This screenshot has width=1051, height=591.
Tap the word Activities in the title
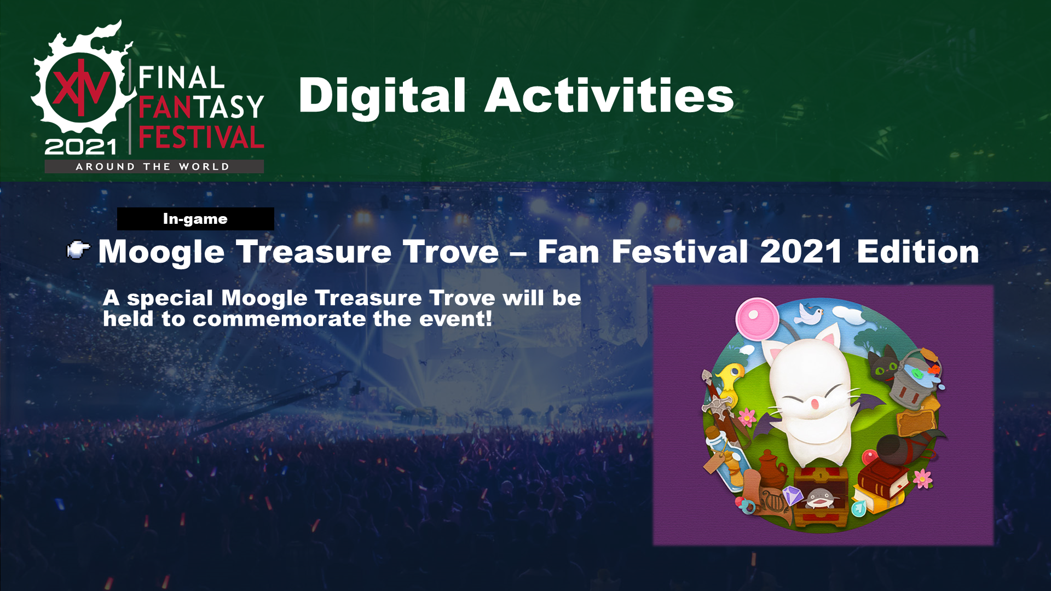pyautogui.click(x=609, y=95)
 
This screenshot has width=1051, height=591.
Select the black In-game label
pyautogui.click(x=195, y=219)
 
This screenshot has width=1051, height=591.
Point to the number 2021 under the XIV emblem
pyautogui.click(x=80, y=147)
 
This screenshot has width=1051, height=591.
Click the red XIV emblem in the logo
pyautogui.click(x=80, y=88)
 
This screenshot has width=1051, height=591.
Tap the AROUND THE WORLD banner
pyautogui.click(x=154, y=166)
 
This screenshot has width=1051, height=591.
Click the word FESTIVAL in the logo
pyautogui.click(x=201, y=137)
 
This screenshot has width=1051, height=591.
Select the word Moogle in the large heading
pyautogui.click(x=161, y=253)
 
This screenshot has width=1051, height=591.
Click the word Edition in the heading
pyautogui.click(x=918, y=252)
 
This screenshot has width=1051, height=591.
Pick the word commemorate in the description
pyautogui.click(x=279, y=319)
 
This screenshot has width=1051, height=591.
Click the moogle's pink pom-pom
pyautogui.click(x=757, y=318)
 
